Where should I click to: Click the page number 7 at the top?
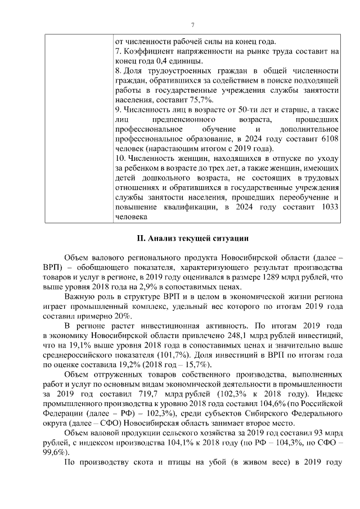(x=192, y=25)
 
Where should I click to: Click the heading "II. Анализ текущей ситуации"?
(x=192, y=238)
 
